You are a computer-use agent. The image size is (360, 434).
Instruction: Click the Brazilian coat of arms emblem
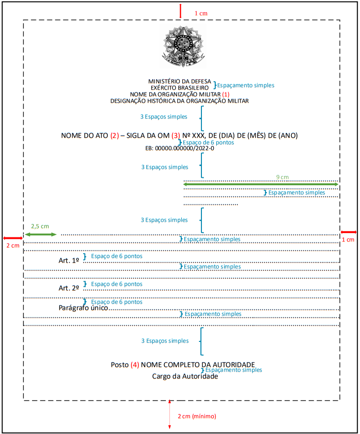tap(183, 46)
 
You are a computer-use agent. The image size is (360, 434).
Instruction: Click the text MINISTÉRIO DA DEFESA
tap(180, 81)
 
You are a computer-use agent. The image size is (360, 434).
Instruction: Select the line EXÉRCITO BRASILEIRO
tap(180, 88)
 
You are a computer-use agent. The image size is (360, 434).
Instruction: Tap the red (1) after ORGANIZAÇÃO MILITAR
tap(226, 95)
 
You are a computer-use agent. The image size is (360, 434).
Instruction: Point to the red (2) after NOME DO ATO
tap(115, 135)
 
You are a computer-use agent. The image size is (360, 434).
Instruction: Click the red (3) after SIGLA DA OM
tap(176, 135)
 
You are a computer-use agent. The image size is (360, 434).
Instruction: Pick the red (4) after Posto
tap(135, 365)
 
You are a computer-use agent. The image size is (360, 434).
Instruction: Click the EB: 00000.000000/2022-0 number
tap(180, 148)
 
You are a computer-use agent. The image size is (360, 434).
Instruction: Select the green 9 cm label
tap(282, 177)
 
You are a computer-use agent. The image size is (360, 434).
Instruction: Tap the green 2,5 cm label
tap(40, 227)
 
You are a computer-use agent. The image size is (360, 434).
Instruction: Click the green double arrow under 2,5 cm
tap(41, 234)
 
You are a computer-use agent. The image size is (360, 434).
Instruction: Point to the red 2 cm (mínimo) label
tap(196, 416)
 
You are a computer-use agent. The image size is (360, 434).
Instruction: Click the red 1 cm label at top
tap(201, 13)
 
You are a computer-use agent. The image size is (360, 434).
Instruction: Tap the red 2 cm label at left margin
tap(13, 245)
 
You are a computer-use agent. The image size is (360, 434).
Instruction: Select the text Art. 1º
tap(68, 261)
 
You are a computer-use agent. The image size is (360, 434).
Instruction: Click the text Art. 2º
tap(68, 288)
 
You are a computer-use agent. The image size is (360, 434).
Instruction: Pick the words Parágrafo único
tap(83, 308)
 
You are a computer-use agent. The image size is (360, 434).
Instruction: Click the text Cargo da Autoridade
tap(185, 376)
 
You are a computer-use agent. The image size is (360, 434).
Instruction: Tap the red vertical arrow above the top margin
tap(180, 11)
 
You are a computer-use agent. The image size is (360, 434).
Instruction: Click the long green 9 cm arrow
tap(261, 184)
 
